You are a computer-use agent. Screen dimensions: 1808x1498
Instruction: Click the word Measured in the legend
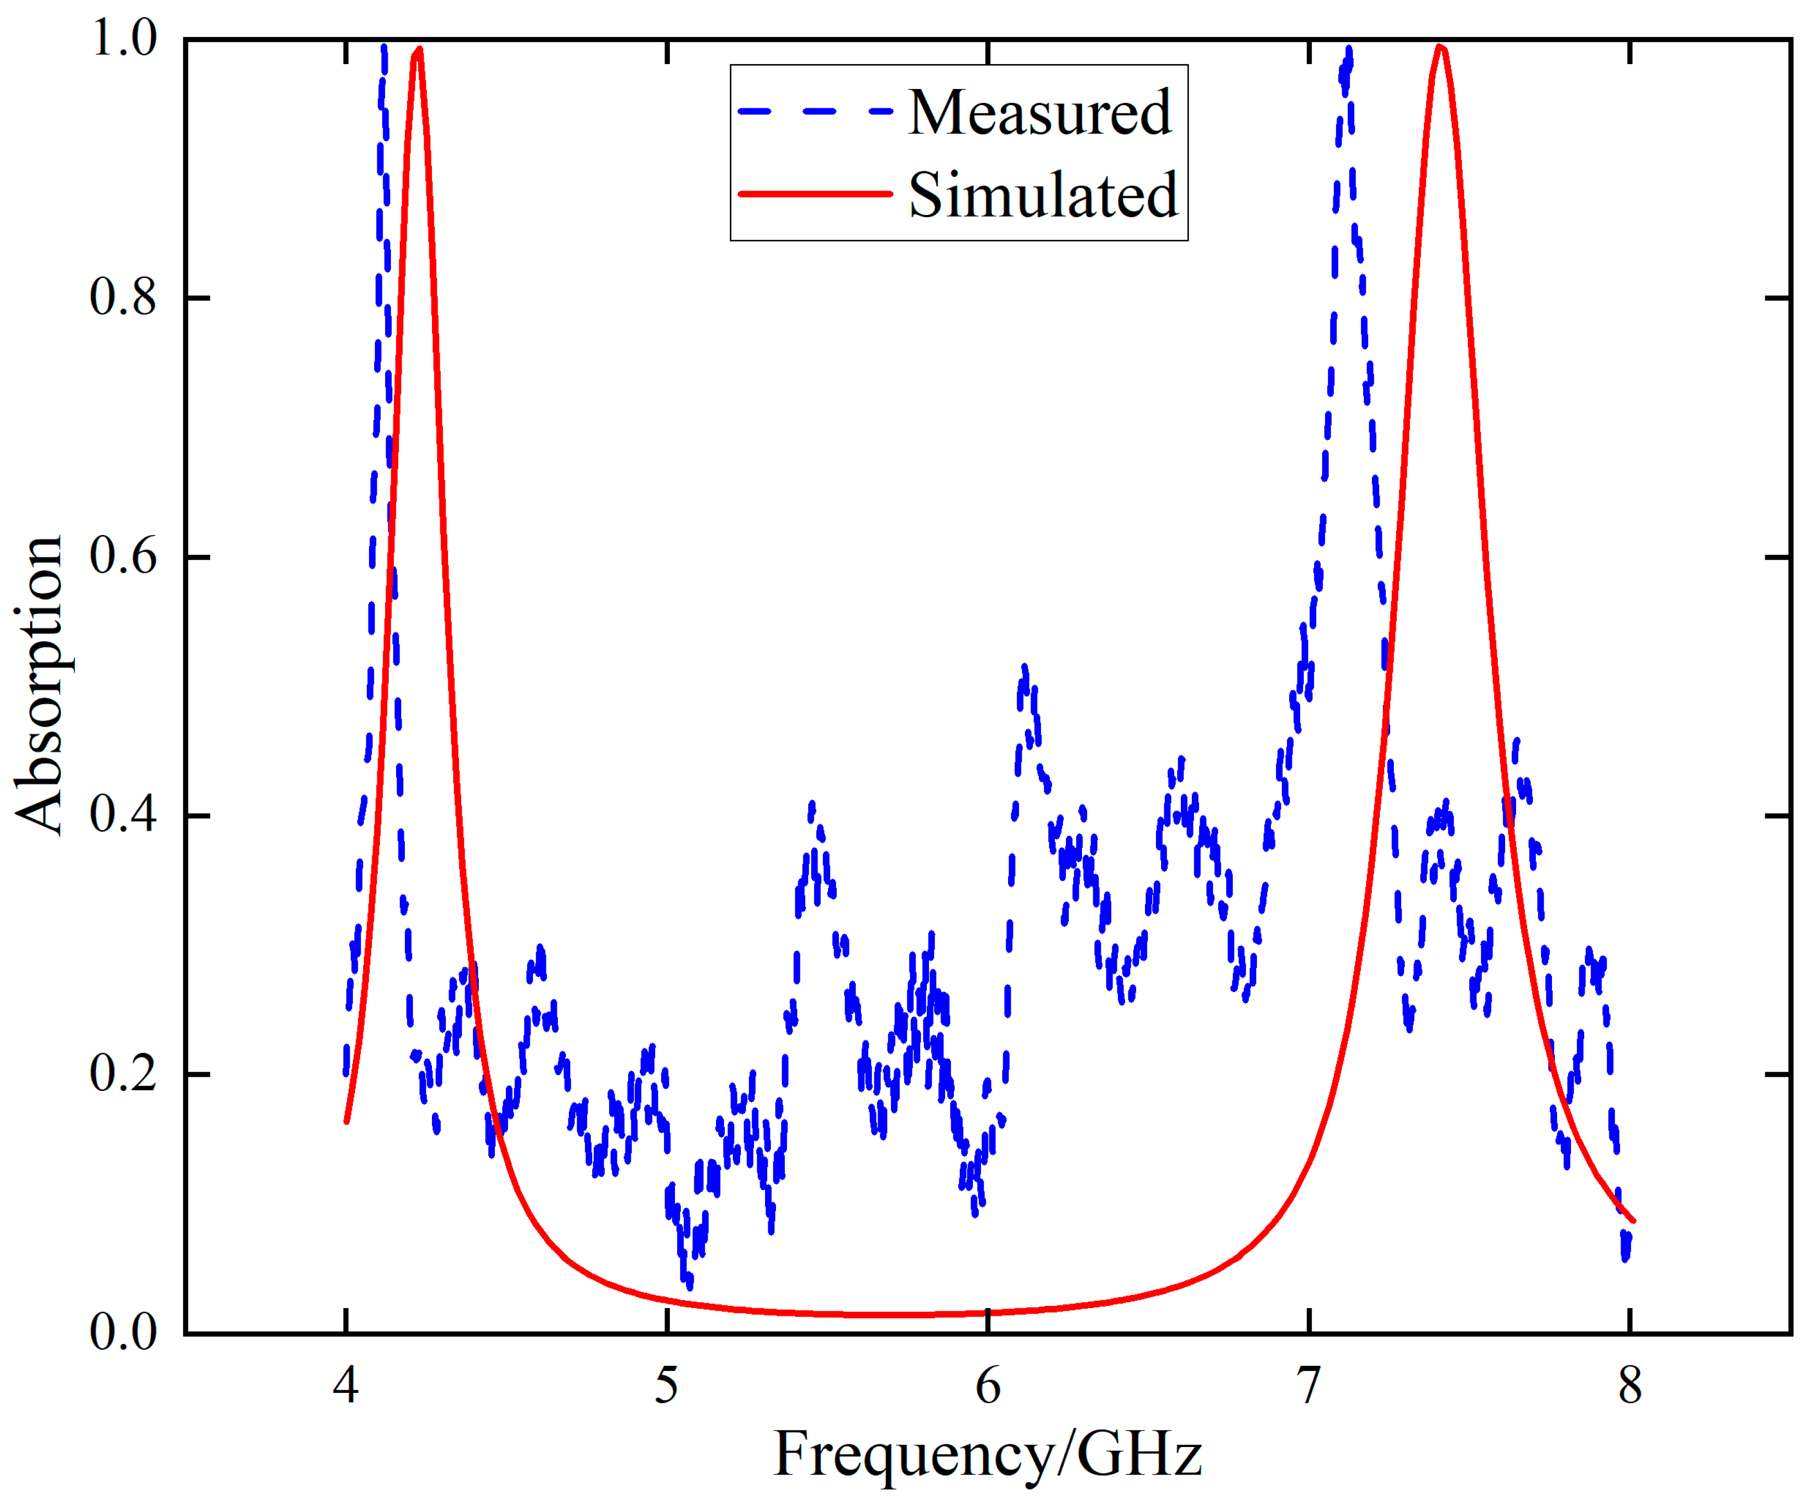click(x=1039, y=113)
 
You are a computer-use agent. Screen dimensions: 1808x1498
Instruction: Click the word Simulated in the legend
click(x=1042, y=195)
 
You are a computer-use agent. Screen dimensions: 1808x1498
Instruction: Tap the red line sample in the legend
click(x=814, y=194)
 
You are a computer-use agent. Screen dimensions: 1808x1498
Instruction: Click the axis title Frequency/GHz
click(x=987, y=1455)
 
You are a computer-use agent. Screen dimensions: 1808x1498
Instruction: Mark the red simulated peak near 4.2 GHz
click(x=417, y=50)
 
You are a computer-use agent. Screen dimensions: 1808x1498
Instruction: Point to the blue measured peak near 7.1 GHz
click(x=1347, y=52)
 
